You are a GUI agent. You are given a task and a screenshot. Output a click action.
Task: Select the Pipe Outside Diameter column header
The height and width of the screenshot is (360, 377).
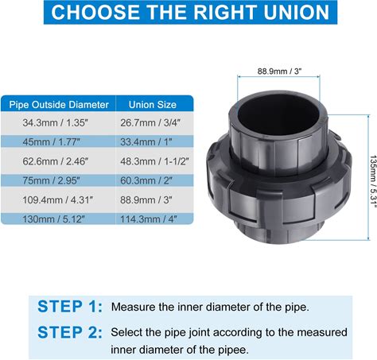[59, 105]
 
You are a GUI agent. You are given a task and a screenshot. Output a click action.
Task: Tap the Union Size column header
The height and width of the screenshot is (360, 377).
[153, 105]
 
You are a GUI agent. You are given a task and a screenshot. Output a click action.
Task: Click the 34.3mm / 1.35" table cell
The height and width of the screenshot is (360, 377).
[55, 122]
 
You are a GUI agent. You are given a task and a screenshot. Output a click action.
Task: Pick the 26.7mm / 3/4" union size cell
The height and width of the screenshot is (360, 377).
[150, 122]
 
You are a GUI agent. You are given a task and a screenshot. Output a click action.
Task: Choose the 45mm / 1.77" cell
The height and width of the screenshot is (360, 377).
[51, 142]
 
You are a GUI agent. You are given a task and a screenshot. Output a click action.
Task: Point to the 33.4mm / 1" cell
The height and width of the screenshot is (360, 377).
[146, 142]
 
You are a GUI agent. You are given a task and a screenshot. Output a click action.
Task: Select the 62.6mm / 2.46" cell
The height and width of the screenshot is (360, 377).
[56, 161]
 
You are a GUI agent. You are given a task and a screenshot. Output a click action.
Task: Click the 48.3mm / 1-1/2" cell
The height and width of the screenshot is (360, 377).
[154, 161]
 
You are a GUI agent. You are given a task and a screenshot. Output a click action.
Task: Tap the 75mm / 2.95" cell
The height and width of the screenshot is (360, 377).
[51, 180]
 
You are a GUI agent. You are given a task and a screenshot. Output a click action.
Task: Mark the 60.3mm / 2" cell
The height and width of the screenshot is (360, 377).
[146, 180]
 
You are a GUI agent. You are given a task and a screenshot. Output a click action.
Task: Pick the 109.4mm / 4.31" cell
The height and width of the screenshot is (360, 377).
[58, 199]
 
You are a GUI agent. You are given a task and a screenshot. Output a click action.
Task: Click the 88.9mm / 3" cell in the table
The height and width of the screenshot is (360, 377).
[146, 199]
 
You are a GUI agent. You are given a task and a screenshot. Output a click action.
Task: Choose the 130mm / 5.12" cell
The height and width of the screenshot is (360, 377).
[53, 219]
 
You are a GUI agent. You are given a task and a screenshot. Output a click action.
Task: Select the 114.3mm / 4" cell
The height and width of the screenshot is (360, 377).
[149, 219]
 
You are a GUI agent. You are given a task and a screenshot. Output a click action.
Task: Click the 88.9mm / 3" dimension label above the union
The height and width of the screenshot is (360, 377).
[280, 72]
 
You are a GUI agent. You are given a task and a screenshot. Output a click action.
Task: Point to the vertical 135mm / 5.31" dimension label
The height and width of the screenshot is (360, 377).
[373, 181]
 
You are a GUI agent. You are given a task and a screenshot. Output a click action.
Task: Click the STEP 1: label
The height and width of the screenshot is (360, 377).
[70, 307]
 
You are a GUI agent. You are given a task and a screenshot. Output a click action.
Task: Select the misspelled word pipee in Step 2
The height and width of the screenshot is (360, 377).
[234, 350]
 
